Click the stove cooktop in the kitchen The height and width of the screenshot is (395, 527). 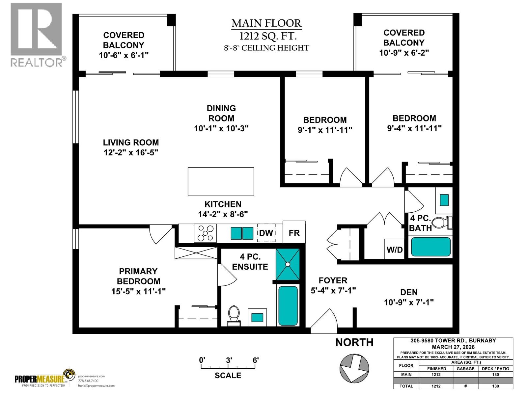(x=205, y=233)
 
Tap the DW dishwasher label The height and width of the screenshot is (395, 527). (x=266, y=233)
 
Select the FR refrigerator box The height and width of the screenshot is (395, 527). (x=294, y=233)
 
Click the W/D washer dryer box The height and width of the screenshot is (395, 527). (x=395, y=250)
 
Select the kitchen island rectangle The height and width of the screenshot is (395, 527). (x=221, y=181)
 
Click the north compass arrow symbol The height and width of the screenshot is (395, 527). (x=354, y=368)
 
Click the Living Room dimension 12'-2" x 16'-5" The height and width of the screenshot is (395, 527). (x=131, y=152)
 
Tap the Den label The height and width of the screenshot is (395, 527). (x=409, y=292)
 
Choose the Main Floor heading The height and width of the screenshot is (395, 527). (x=266, y=23)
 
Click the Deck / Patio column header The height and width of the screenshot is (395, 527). (x=495, y=369)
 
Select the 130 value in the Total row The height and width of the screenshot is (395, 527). (x=495, y=386)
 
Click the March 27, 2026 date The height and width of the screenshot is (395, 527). (x=453, y=347)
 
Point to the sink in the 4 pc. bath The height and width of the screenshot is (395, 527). (x=444, y=199)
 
